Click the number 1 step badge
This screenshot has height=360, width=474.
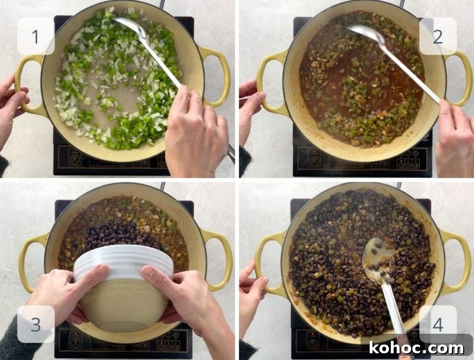click(36, 36)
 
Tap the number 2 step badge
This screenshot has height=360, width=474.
click(438, 36)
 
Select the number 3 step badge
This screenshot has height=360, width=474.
click(36, 324)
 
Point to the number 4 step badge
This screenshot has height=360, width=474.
click(438, 324)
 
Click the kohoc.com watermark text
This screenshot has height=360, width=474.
click(416, 348)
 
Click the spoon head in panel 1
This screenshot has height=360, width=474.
click(130, 26)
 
